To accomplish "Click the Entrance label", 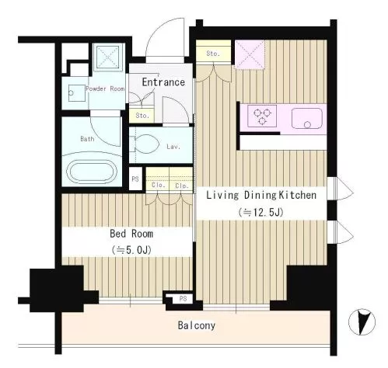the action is coord(163,82).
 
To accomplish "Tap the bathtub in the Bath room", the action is coord(92,172).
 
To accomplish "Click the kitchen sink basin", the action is coord(307,119).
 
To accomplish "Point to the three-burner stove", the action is coord(262,116).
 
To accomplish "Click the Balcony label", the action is coord(197,325).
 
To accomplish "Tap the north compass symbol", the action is coord(362,322).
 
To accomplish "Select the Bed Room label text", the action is coord(131,234).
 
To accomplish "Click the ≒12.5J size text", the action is coord(260,213).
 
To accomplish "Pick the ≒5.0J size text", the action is coord(131,250).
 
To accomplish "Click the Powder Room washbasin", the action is coord(77,93).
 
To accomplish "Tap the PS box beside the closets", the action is coord(135,179).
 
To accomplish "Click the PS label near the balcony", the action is coord(183,298).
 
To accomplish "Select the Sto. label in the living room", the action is coord(213,54).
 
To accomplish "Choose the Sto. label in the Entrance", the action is coord(142,116).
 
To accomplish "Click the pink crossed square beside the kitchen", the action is coord(250,54).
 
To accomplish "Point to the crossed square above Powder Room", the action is coord(107,57).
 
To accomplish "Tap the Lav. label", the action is coord(173,147).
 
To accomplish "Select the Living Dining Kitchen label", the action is coord(261,195).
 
